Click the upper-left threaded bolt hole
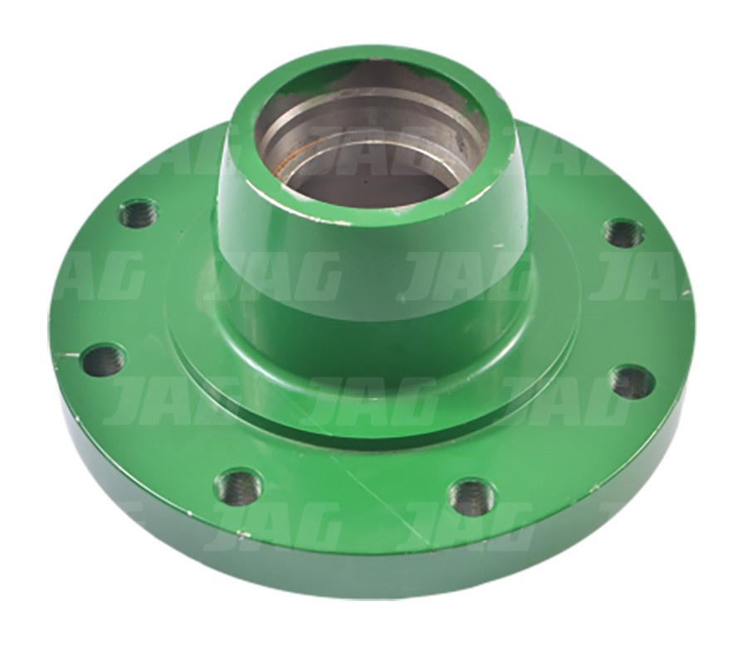click(x=139, y=214)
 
